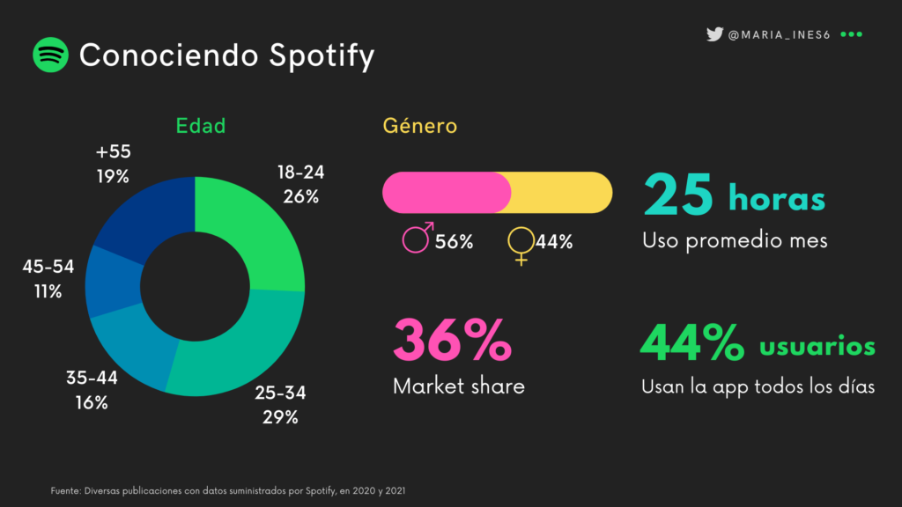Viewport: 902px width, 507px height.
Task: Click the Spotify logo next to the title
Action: tap(51, 55)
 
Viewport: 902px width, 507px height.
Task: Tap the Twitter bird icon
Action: tap(714, 34)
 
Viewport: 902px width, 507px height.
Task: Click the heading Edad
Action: tap(201, 126)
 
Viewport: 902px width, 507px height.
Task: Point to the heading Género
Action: tap(420, 126)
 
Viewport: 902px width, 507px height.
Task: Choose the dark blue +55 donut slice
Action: tap(146, 217)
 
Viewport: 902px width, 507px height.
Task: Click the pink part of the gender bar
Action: tap(445, 193)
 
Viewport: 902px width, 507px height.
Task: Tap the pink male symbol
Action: tap(417, 239)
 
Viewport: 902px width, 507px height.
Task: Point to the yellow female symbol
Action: tap(521, 244)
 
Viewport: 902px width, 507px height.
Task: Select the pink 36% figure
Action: tap(451, 342)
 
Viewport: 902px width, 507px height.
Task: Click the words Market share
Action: tap(459, 386)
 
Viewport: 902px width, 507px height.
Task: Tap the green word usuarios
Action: tap(817, 346)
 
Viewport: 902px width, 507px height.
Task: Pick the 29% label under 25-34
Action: tap(280, 417)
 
